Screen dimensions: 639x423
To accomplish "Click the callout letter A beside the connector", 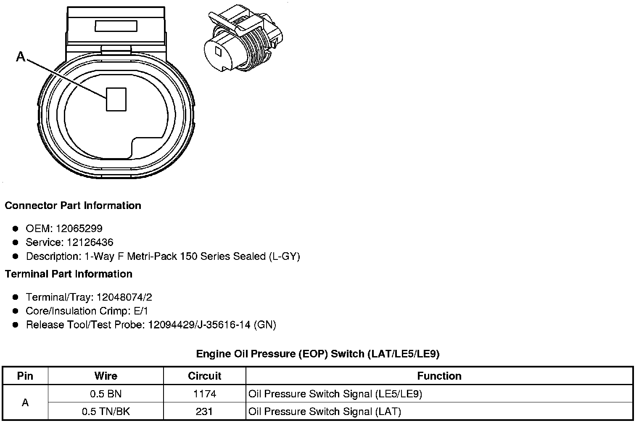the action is click(x=21, y=56).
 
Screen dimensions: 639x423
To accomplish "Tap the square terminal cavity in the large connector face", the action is click(x=116, y=99).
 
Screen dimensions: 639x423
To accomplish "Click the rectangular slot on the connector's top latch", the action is click(x=116, y=26).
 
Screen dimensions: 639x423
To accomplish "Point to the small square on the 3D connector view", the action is click(x=219, y=51).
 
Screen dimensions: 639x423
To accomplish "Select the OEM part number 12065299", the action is click(x=79, y=228).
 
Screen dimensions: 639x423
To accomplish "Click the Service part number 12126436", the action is click(x=90, y=243).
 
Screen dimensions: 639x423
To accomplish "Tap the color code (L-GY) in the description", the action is click(x=285, y=256).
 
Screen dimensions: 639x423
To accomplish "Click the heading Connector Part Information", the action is click(x=73, y=206).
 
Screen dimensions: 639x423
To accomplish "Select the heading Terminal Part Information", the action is click(x=69, y=274).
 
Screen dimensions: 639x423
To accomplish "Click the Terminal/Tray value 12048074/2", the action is click(x=124, y=297).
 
